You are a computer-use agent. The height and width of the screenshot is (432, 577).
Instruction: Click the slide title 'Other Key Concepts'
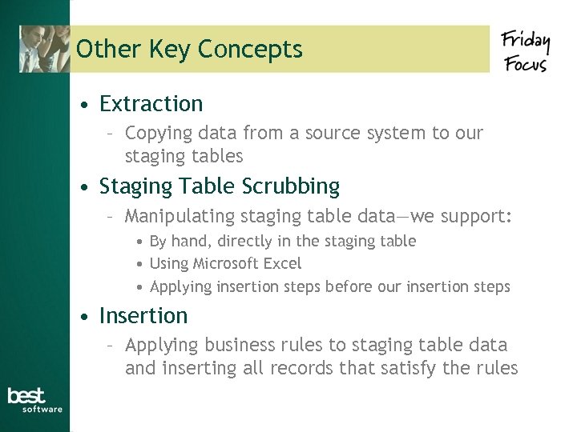(189, 50)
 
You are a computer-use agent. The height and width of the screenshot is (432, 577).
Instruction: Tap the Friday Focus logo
(526, 50)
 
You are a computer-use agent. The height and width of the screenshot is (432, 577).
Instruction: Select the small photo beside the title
(45, 49)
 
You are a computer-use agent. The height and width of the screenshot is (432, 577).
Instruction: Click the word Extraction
(151, 104)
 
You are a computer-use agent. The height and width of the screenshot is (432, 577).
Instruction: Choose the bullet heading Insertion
(143, 316)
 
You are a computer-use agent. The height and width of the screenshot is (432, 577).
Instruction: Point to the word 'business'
(237, 345)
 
